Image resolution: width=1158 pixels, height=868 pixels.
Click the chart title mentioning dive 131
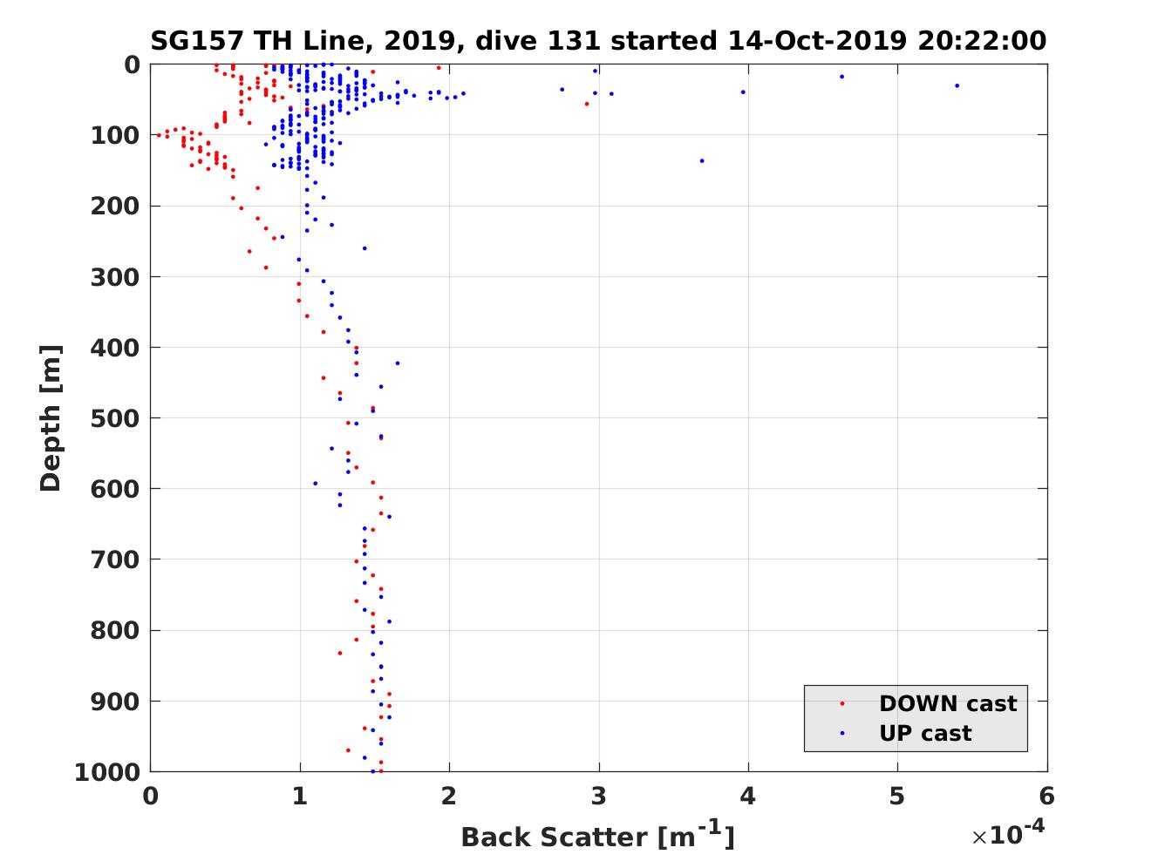[x=598, y=40]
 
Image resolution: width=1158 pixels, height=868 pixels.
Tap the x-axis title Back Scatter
[x=597, y=837]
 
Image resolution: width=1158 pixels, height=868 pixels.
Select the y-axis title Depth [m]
[x=51, y=418]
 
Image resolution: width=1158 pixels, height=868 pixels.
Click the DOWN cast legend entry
[x=947, y=703]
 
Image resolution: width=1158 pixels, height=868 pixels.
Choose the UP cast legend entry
[x=924, y=734]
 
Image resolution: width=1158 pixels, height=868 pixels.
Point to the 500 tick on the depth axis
[x=115, y=418]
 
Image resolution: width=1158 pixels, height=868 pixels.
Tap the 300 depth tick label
[x=115, y=277]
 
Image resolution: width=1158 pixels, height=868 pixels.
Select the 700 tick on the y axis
[x=115, y=559]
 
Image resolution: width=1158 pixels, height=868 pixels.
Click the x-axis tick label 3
[x=598, y=797]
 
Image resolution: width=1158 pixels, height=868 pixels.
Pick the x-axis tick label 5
[x=897, y=797]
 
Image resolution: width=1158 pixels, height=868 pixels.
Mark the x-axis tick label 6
[x=1046, y=797]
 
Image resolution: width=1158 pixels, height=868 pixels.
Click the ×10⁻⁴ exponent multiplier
[x=1008, y=834]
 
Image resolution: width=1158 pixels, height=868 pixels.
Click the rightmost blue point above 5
[x=957, y=85]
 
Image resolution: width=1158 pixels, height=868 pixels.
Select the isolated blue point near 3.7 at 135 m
[x=702, y=160]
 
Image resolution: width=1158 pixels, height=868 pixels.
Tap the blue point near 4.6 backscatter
[x=841, y=77]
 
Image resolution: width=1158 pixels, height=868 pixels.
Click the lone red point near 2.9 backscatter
[x=586, y=104]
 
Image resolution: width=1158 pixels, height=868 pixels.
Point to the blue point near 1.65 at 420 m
[x=398, y=363]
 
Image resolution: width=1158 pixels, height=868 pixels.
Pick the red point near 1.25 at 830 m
[x=340, y=653]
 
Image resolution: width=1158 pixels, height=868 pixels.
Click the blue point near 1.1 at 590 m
[x=315, y=483]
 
